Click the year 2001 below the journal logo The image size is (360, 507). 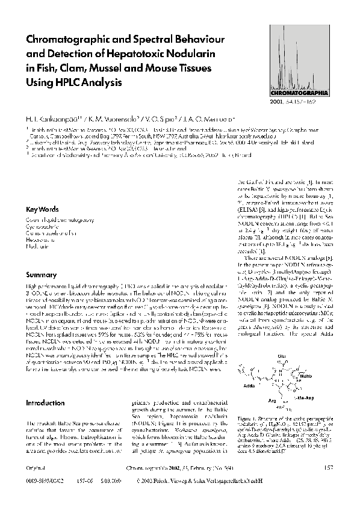(x=294, y=103)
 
